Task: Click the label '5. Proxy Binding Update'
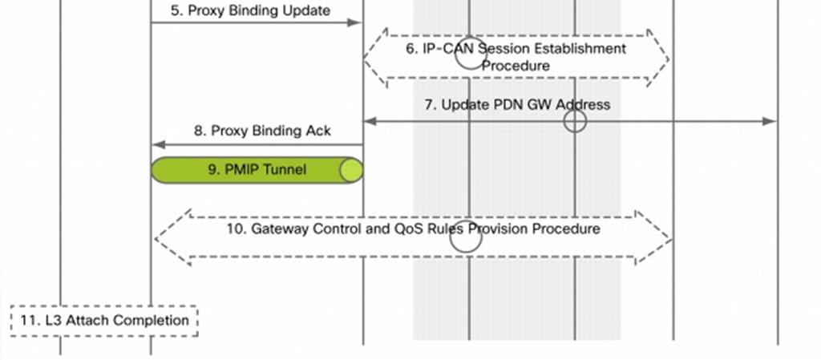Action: click(250, 10)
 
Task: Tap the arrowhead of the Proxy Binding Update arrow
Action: click(355, 22)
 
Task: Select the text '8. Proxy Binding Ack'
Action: click(262, 131)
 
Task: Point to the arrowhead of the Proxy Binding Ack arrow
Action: click(158, 144)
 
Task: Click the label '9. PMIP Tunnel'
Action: click(257, 169)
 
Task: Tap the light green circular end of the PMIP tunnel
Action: click(351, 171)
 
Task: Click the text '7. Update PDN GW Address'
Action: click(517, 105)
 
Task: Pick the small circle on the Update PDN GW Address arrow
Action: click(575, 121)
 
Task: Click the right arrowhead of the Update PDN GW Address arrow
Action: click(770, 121)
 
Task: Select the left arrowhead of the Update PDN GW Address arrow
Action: click(370, 121)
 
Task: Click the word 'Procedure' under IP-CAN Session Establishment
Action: click(516, 66)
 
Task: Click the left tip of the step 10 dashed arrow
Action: click(156, 239)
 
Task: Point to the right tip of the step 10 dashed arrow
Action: click(671, 239)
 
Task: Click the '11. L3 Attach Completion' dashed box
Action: click(104, 320)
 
